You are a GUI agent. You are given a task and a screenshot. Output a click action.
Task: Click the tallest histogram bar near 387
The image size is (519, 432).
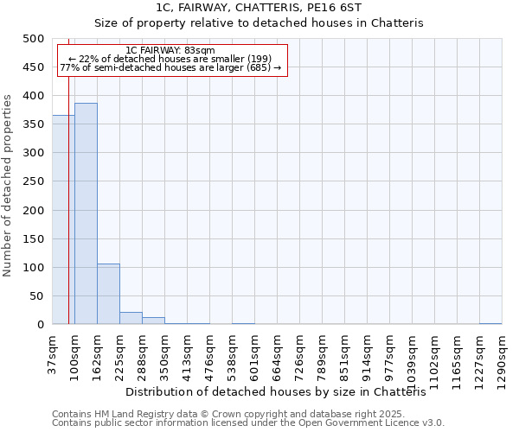click(86, 214)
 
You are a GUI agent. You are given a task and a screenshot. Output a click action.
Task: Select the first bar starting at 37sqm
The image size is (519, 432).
click(63, 220)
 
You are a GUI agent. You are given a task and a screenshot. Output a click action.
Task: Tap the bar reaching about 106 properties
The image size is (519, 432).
click(108, 295)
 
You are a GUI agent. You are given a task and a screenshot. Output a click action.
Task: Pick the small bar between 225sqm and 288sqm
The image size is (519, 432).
click(131, 318)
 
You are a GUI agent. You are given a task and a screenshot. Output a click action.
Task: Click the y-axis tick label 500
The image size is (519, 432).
click(34, 39)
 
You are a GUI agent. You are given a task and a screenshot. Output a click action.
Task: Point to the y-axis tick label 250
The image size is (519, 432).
click(34, 181)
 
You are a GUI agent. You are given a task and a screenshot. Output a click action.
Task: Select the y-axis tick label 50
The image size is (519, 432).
click(37, 296)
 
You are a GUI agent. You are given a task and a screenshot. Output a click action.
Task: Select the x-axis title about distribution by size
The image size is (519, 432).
click(282, 392)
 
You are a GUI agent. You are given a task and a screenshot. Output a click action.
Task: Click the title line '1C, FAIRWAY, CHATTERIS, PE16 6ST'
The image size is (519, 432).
click(259, 8)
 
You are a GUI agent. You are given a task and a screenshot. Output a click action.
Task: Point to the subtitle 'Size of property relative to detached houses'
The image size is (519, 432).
click(259, 23)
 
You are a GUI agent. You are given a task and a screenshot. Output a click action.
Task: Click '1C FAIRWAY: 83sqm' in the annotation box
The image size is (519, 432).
click(170, 50)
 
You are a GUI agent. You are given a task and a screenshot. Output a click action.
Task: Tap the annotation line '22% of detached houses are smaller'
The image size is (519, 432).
click(170, 59)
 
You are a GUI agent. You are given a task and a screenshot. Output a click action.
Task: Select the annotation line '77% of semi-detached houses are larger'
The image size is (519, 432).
click(170, 67)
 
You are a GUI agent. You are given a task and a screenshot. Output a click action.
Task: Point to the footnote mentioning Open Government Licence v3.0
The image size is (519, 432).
click(248, 423)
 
